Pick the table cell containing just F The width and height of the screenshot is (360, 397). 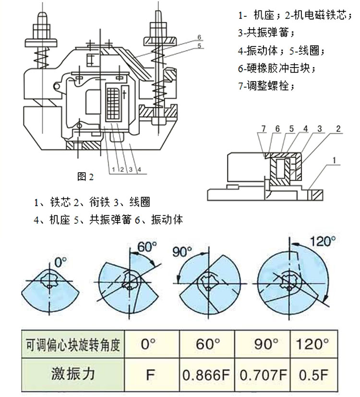tap(150, 374)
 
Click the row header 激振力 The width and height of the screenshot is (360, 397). tap(73, 374)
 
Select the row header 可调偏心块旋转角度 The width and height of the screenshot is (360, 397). tap(73, 344)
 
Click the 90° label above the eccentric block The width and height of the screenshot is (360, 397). tap(183, 250)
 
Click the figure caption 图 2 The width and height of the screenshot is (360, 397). tap(85, 176)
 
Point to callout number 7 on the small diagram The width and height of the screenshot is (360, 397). tap(263, 129)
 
